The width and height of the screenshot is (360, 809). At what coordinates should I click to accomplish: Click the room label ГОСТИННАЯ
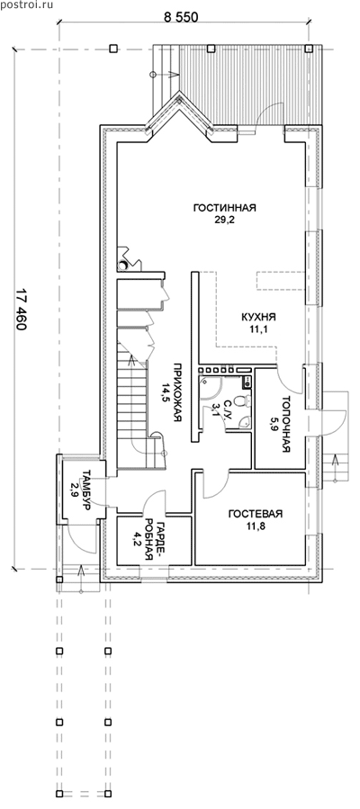pyautogui.click(x=225, y=208)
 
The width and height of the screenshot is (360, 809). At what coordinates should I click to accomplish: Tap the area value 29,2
pyautogui.click(x=225, y=220)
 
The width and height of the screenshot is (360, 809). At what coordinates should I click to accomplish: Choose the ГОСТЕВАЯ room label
pyautogui.click(x=256, y=514)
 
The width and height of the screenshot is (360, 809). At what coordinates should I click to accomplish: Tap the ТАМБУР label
pyautogui.click(x=86, y=490)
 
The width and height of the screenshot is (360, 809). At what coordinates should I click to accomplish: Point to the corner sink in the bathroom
pyautogui.click(x=246, y=421)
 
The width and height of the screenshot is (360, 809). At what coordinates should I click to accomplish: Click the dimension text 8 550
pyautogui.click(x=182, y=16)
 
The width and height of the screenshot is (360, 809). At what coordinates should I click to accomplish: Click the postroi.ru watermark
pyautogui.click(x=21, y=4)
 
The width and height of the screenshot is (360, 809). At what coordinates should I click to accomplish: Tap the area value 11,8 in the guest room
pyautogui.click(x=255, y=526)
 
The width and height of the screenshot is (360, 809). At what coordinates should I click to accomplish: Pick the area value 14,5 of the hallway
pyautogui.click(x=166, y=392)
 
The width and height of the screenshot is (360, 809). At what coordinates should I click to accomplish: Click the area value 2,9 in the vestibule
pyautogui.click(x=76, y=489)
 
